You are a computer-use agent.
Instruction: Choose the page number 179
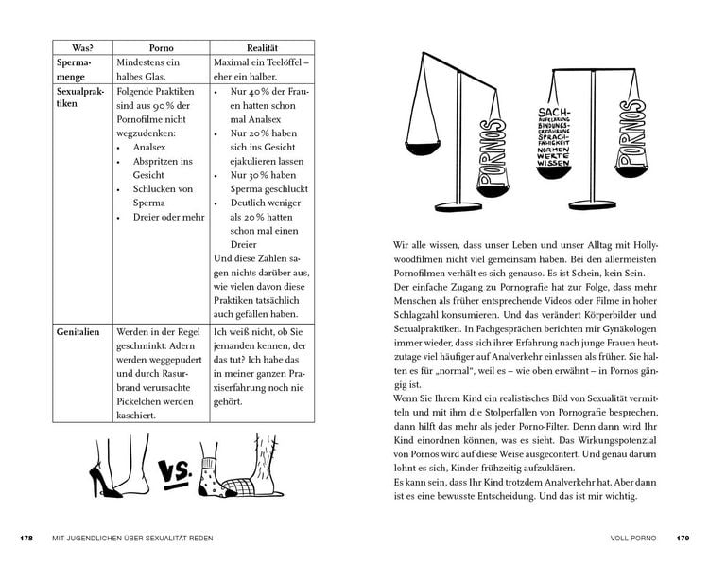point(683,539)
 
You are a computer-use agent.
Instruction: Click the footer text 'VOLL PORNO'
point(631,539)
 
